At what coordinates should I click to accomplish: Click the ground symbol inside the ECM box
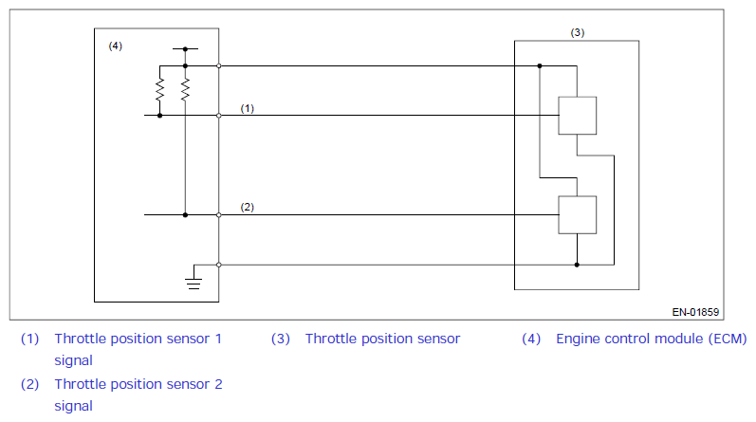[194, 284]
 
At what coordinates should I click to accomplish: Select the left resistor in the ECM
[159, 90]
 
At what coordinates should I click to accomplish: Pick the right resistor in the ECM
[185, 90]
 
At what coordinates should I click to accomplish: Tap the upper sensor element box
[577, 116]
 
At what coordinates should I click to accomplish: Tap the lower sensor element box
[577, 214]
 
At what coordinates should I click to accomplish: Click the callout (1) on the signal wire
[248, 108]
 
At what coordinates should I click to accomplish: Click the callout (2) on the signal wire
[248, 207]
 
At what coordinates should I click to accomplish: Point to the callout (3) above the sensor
[578, 32]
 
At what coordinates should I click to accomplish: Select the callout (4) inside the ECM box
[115, 46]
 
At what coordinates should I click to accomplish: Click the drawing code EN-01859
[695, 312]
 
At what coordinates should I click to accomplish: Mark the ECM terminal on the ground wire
[219, 265]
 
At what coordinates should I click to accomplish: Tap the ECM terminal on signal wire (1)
[219, 116]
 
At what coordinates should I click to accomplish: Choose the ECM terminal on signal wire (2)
[219, 214]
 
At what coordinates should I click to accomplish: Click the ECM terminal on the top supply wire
[219, 65]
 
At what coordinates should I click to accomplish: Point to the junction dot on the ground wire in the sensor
[577, 265]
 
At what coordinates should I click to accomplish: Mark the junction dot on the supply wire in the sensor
[540, 65]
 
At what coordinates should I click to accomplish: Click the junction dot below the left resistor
[159, 116]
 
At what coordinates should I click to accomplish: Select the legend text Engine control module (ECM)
[652, 339]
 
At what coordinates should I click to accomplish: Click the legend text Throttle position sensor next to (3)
[383, 339]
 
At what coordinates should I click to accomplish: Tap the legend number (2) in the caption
[30, 384]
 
